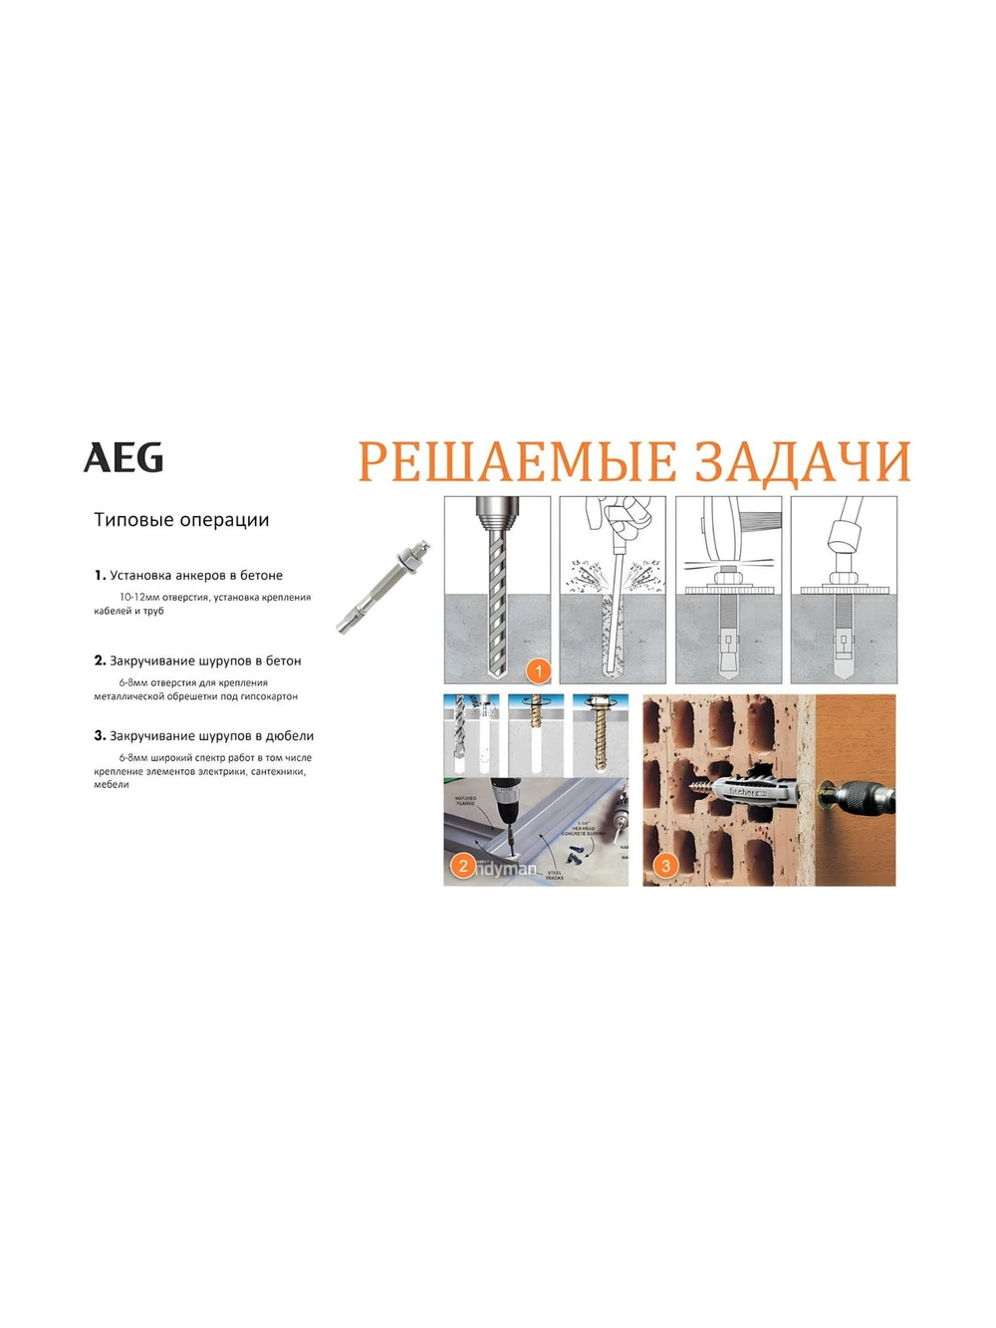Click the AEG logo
(x=124, y=458)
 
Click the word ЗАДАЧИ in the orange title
(x=802, y=462)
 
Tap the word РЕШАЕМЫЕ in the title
(x=517, y=462)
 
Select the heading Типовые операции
(x=181, y=520)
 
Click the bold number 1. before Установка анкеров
(x=100, y=575)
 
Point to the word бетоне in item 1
(x=261, y=576)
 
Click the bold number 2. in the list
(x=100, y=661)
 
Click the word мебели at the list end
(x=112, y=785)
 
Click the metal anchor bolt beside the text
(x=384, y=588)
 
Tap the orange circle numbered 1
(x=538, y=671)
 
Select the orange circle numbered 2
(x=462, y=866)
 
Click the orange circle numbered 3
(x=665, y=866)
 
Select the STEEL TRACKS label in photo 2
(x=554, y=875)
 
